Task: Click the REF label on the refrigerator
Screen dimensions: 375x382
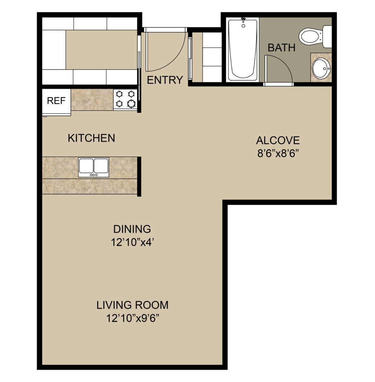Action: (56, 101)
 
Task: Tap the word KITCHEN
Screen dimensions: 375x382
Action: (91, 138)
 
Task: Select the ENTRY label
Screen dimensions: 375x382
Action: (165, 80)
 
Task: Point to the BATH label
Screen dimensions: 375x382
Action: (281, 48)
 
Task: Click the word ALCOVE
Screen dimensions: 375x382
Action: (278, 141)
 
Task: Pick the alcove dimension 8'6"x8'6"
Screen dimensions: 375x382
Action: (278, 153)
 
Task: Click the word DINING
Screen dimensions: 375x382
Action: (132, 229)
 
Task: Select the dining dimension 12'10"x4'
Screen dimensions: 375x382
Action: (132, 242)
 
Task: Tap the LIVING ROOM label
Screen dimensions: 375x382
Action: (132, 305)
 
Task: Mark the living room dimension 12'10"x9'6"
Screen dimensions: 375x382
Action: (133, 318)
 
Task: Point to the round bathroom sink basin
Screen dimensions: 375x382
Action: (321, 69)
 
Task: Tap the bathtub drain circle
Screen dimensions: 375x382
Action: (243, 26)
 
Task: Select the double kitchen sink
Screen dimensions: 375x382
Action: (93, 167)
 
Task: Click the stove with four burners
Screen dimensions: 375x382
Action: (125, 99)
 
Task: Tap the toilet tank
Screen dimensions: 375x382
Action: (327, 37)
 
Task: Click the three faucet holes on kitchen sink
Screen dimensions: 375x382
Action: (94, 175)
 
